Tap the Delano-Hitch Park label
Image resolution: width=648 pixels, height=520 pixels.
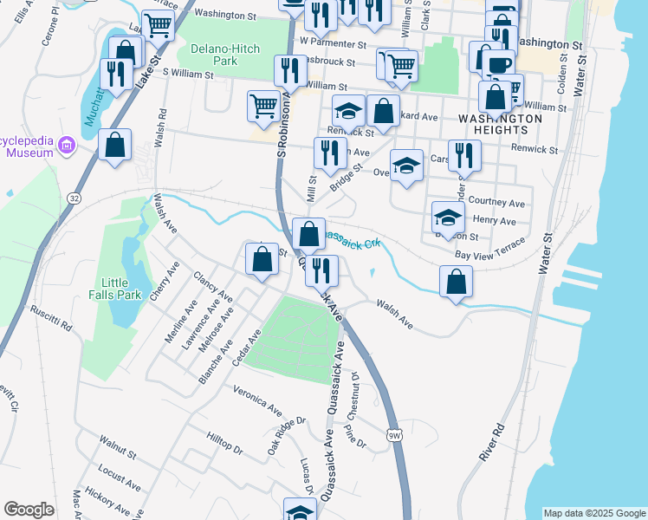[x=213, y=55]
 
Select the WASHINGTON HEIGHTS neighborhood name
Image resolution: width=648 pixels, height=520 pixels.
[x=493, y=123]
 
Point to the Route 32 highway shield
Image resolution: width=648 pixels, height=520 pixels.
[x=75, y=198]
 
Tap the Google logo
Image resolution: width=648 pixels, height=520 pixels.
[x=29, y=509]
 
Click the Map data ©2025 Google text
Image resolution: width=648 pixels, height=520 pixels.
[x=594, y=513]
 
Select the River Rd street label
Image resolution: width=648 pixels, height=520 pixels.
[x=491, y=442]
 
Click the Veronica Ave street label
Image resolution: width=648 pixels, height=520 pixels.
[x=257, y=398]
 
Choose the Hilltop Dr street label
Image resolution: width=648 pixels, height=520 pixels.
[x=224, y=445]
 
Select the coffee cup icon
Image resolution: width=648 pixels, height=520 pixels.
[x=498, y=65]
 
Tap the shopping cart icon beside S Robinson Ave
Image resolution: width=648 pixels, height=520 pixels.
[x=264, y=107]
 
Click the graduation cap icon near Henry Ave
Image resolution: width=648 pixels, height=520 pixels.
[x=447, y=217]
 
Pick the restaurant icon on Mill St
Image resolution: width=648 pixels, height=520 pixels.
[x=329, y=153]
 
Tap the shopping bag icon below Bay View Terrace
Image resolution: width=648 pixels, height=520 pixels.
[x=456, y=282]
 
